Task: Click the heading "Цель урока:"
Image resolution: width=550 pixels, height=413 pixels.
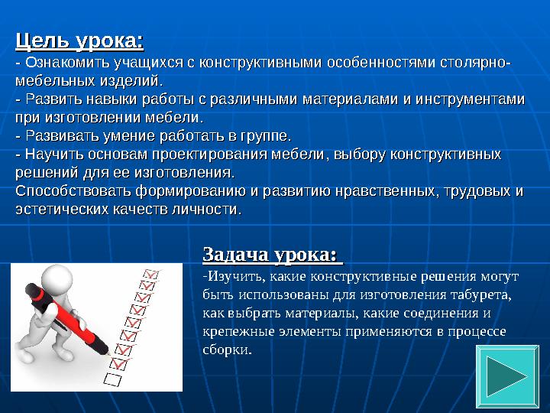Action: (x=80, y=39)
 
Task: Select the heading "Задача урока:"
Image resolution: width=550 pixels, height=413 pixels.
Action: (x=269, y=253)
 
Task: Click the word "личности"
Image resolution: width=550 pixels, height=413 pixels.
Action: (x=209, y=209)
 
